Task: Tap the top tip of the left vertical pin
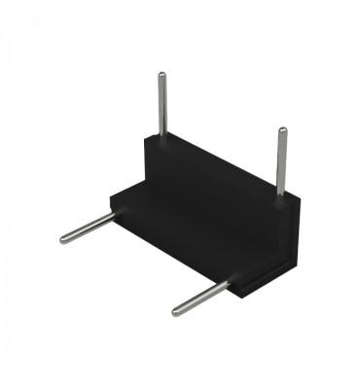point(159,74)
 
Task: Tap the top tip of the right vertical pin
point(282,130)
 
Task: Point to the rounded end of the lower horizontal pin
point(177,311)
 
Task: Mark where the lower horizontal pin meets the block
point(230,284)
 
